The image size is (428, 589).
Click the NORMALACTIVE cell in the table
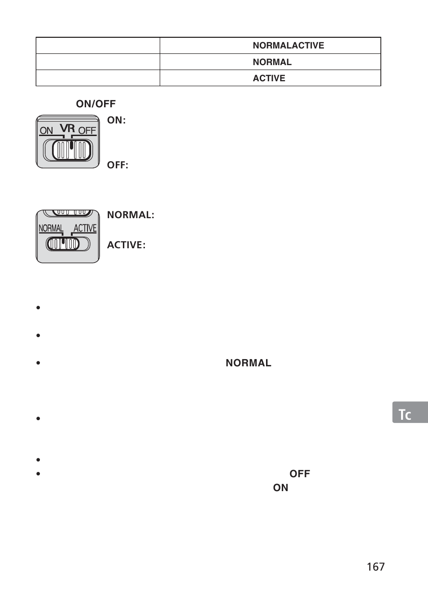(x=288, y=45)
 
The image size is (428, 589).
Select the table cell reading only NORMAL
(x=272, y=62)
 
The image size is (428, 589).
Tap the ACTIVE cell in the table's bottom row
(x=269, y=78)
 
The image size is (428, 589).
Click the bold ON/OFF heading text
(x=96, y=104)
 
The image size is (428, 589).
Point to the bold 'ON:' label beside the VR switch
(x=116, y=120)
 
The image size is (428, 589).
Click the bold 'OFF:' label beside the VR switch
(x=118, y=165)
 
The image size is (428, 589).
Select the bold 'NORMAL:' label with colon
(x=131, y=215)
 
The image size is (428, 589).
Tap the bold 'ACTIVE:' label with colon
(x=126, y=245)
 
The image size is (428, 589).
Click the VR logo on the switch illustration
(x=67, y=128)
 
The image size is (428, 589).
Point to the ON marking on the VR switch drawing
(x=46, y=131)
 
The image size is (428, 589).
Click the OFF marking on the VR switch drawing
(x=87, y=131)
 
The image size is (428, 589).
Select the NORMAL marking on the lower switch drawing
(x=51, y=228)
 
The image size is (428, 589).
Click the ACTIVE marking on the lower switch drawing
(x=85, y=228)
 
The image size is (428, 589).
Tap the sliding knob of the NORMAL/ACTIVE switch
(x=63, y=244)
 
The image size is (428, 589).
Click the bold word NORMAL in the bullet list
(x=248, y=363)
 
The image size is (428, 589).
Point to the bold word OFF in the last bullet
(x=299, y=474)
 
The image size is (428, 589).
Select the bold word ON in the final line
(x=280, y=488)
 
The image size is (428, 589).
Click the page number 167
(x=376, y=567)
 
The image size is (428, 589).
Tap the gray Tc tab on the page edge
(x=409, y=413)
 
